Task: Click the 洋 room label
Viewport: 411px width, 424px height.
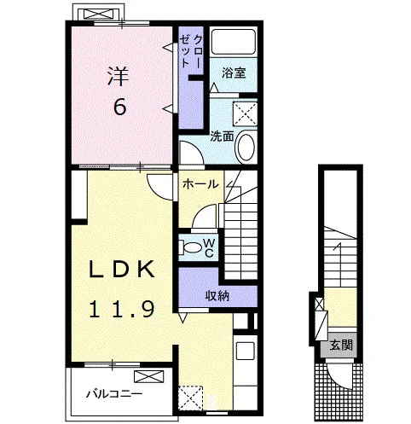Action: coord(118,76)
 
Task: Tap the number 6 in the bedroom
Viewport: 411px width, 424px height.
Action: coord(119,107)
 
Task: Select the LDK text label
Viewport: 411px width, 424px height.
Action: coord(122,270)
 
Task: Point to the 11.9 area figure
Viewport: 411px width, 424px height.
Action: coord(122,309)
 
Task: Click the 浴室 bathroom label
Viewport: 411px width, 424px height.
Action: coord(234,73)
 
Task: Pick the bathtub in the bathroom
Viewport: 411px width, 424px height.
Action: coord(234,42)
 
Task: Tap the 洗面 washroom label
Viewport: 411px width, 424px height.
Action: coord(222,136)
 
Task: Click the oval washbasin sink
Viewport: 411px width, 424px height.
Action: coord(246,147)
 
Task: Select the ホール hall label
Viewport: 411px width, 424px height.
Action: coord(200,184)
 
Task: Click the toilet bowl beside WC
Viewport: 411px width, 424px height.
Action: coord(192,247)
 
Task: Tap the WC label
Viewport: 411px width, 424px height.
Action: coord(209,247)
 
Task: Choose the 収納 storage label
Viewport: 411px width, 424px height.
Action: coord(217,296)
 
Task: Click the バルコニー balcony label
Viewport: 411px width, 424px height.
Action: coord(114,394)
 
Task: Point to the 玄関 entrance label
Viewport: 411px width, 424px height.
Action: coord(341,346)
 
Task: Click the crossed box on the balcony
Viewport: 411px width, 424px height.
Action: coord(149,376)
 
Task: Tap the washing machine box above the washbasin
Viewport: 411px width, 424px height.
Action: coord(245,114)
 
